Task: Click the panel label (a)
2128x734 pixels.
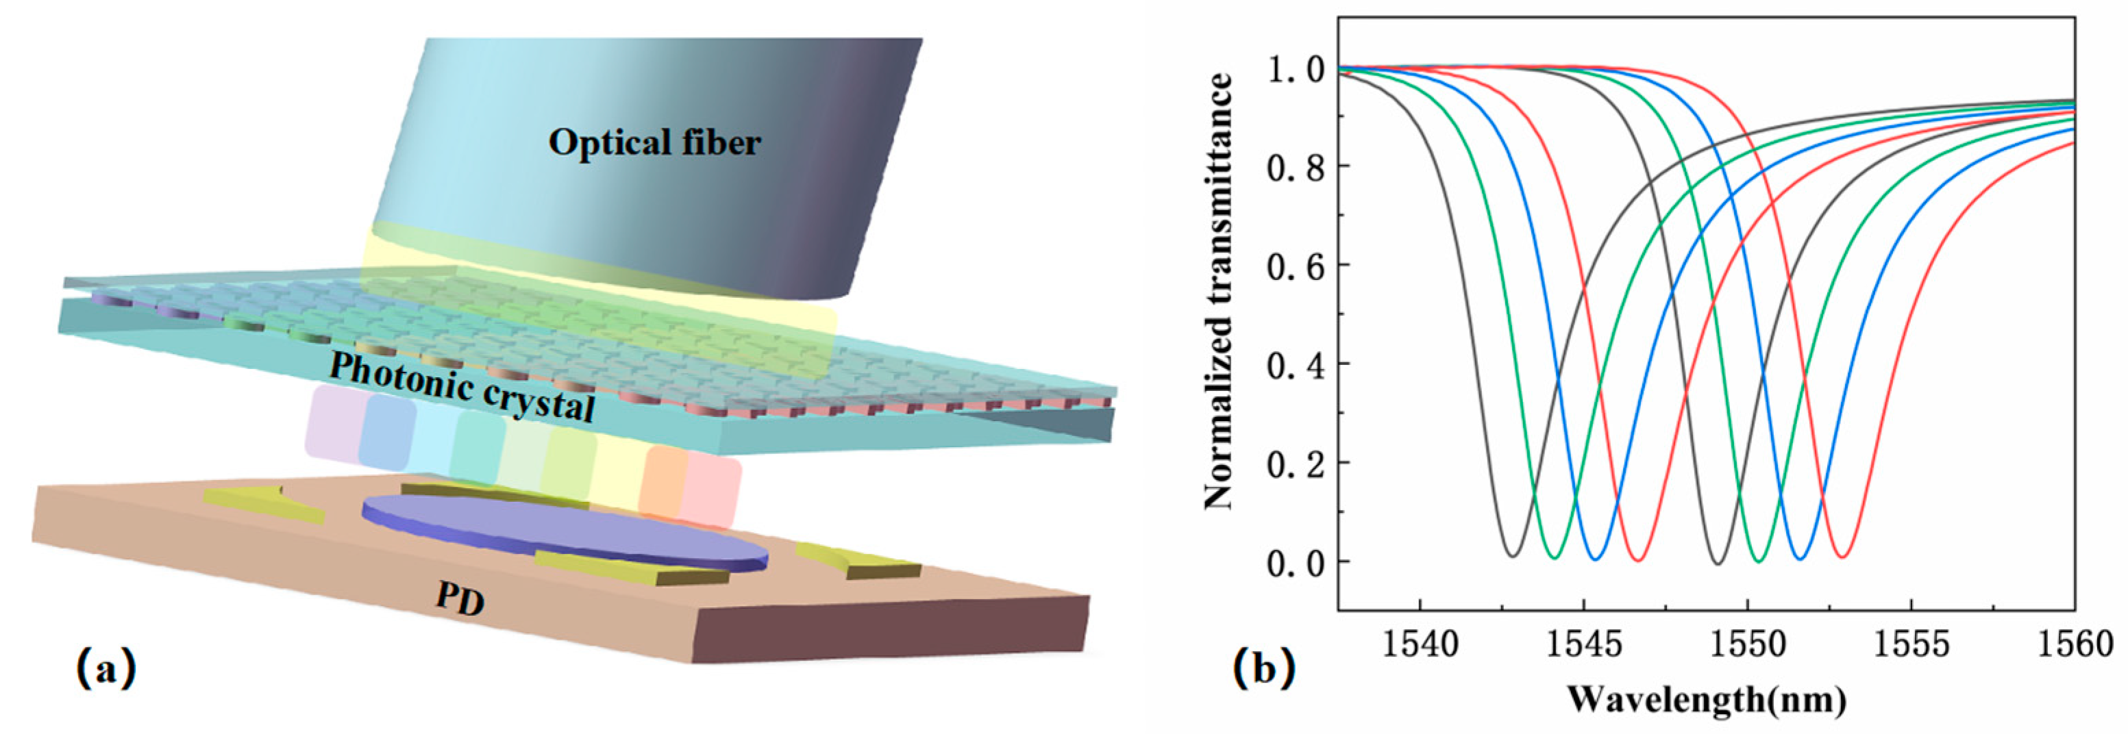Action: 106,669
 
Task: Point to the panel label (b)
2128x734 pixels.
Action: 1264,669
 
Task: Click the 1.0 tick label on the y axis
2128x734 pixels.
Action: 1296,69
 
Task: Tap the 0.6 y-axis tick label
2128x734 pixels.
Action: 1296,266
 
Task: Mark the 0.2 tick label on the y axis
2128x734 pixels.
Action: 1296,463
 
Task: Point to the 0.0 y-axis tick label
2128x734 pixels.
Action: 1296,562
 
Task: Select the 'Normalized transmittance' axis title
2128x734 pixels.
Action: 1218,290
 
